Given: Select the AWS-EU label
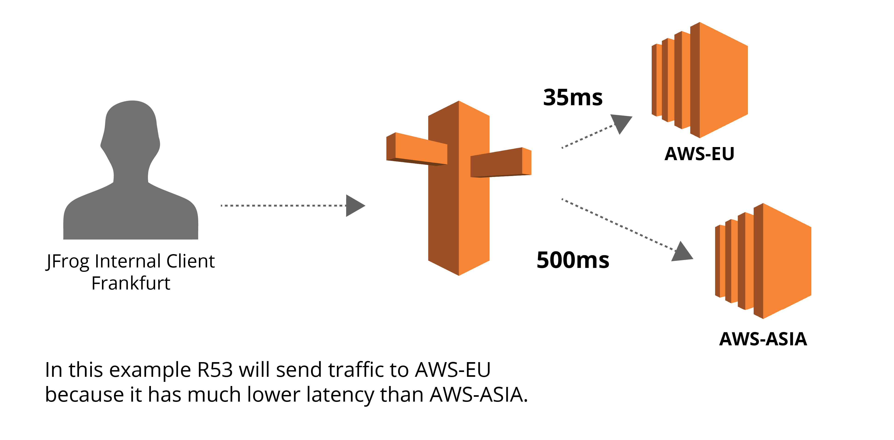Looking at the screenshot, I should pyautogui.click(x=699, y=154).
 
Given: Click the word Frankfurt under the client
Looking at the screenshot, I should pyautogui.click(x=131, y=283).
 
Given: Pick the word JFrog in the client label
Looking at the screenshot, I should pyautogui.click(x=68, y=261).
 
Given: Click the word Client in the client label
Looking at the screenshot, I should pyautogui.click(x=190, y=261).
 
